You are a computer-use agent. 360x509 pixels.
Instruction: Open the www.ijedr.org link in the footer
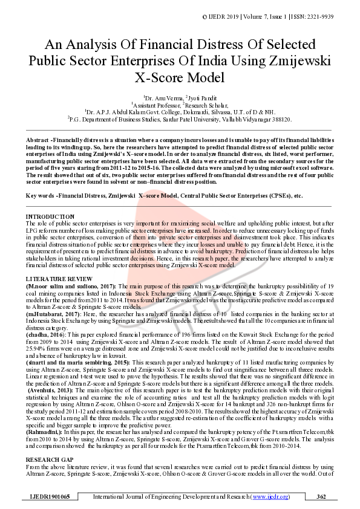(x=270, y=496)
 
